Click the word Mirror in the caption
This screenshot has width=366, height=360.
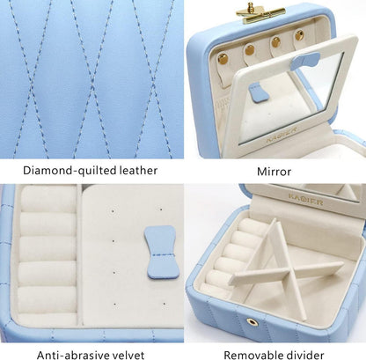274,170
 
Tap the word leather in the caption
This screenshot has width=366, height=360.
138,170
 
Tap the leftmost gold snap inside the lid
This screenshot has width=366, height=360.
223,60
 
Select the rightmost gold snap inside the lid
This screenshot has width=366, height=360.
299,36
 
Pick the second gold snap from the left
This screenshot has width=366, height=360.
250,50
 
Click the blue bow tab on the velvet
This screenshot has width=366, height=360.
160,252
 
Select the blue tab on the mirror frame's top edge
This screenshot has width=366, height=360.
305,60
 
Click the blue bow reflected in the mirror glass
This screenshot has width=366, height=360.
257,92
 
